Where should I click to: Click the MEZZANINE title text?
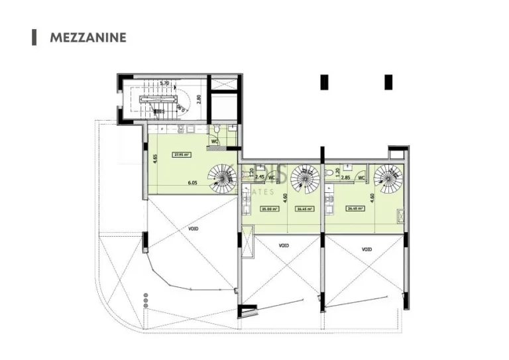click(x=87, y=37)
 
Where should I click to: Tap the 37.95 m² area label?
click(x=180, y=154)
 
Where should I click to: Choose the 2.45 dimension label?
click(x=260, y=178)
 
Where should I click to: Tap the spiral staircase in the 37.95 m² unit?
click(x=223, y=177)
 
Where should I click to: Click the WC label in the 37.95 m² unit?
click(x=215, y=141)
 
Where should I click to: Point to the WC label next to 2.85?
click(x=361, y=178)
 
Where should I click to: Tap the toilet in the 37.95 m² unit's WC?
click(x=217, y=130)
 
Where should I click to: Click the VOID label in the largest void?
click(x=193, y=228)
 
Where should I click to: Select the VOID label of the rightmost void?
click(x=367, y=249)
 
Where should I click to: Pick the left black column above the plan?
click(x=324, y=82)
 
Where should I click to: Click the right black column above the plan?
click(x=388, y=82)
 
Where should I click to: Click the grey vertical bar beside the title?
click(x=34, y=37)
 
